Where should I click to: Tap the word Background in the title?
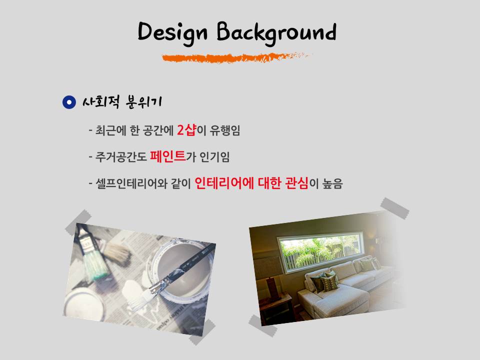pos(276,33)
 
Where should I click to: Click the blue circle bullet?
pos(69,102)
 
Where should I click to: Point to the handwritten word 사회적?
pos(101,101)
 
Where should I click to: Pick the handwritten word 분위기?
pos(144,101)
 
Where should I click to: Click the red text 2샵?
pos(186,130)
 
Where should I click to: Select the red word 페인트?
pos(168,156)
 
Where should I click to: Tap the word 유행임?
pos(224,130)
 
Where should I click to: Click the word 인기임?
pos(214,156)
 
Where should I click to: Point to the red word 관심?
pos(296,183)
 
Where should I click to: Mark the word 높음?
pos(332,183)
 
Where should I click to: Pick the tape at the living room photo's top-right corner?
pos(395,208)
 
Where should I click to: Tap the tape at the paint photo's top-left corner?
pos(78,222)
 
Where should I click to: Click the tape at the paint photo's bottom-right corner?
pos(202,332)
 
